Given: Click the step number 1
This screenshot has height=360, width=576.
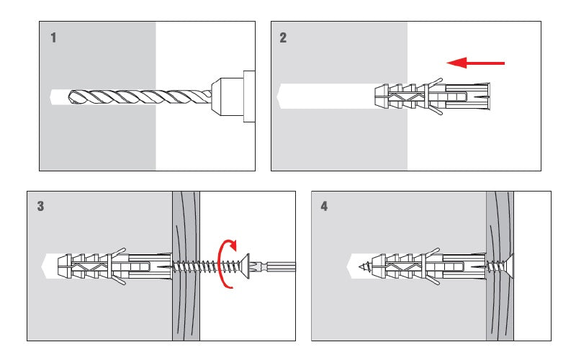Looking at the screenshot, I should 53,38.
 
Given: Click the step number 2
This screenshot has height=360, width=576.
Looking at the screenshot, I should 283,38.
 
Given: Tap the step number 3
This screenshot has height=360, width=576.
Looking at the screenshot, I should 40,207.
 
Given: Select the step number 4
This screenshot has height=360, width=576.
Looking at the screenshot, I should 324,207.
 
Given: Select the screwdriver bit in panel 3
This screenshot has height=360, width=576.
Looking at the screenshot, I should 277,265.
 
